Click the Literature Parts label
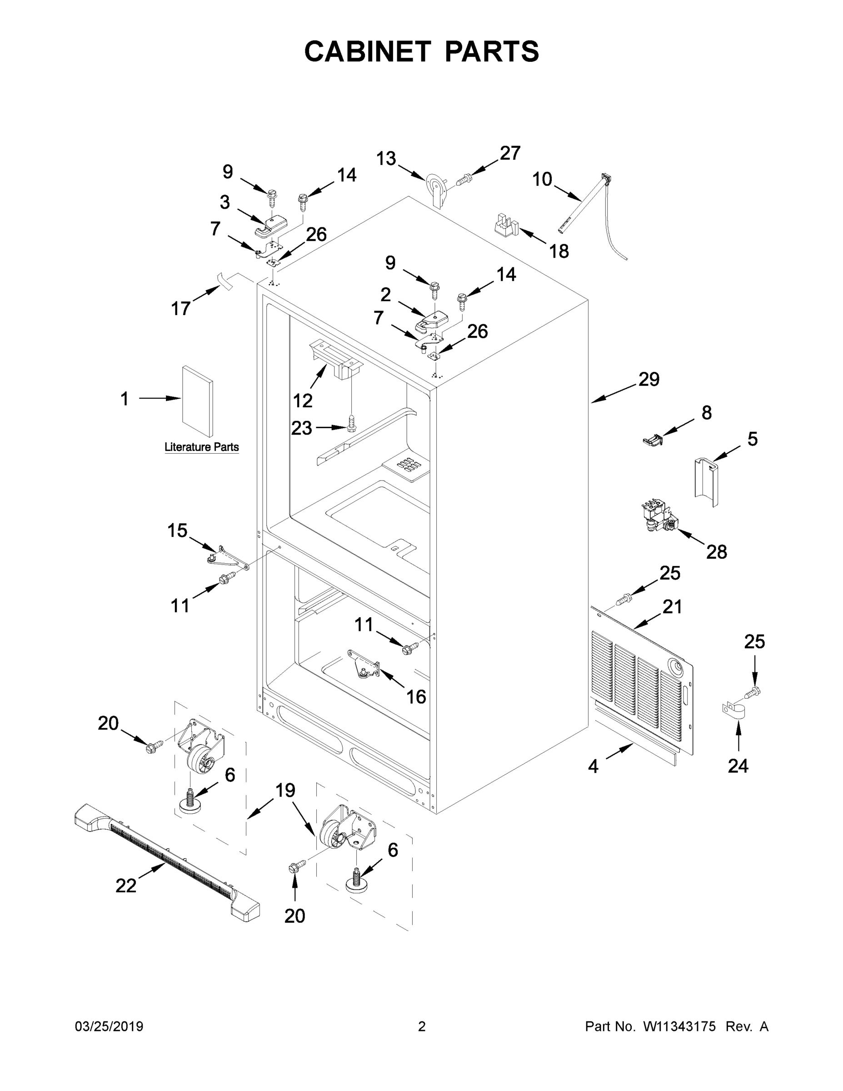click(x=202, y=447)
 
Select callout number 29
click(x=649, y=379)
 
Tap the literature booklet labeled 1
click(x=197, y=401)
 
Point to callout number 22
click(x=126, y=886)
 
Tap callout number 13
click(x=385, y=158)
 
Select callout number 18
click(x=559, y=251)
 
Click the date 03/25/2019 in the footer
click(x=109, y=1026)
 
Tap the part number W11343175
click(x=679, y=1026)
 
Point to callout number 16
click(x=416, y=696)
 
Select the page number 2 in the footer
click(x=422, y=1026)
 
